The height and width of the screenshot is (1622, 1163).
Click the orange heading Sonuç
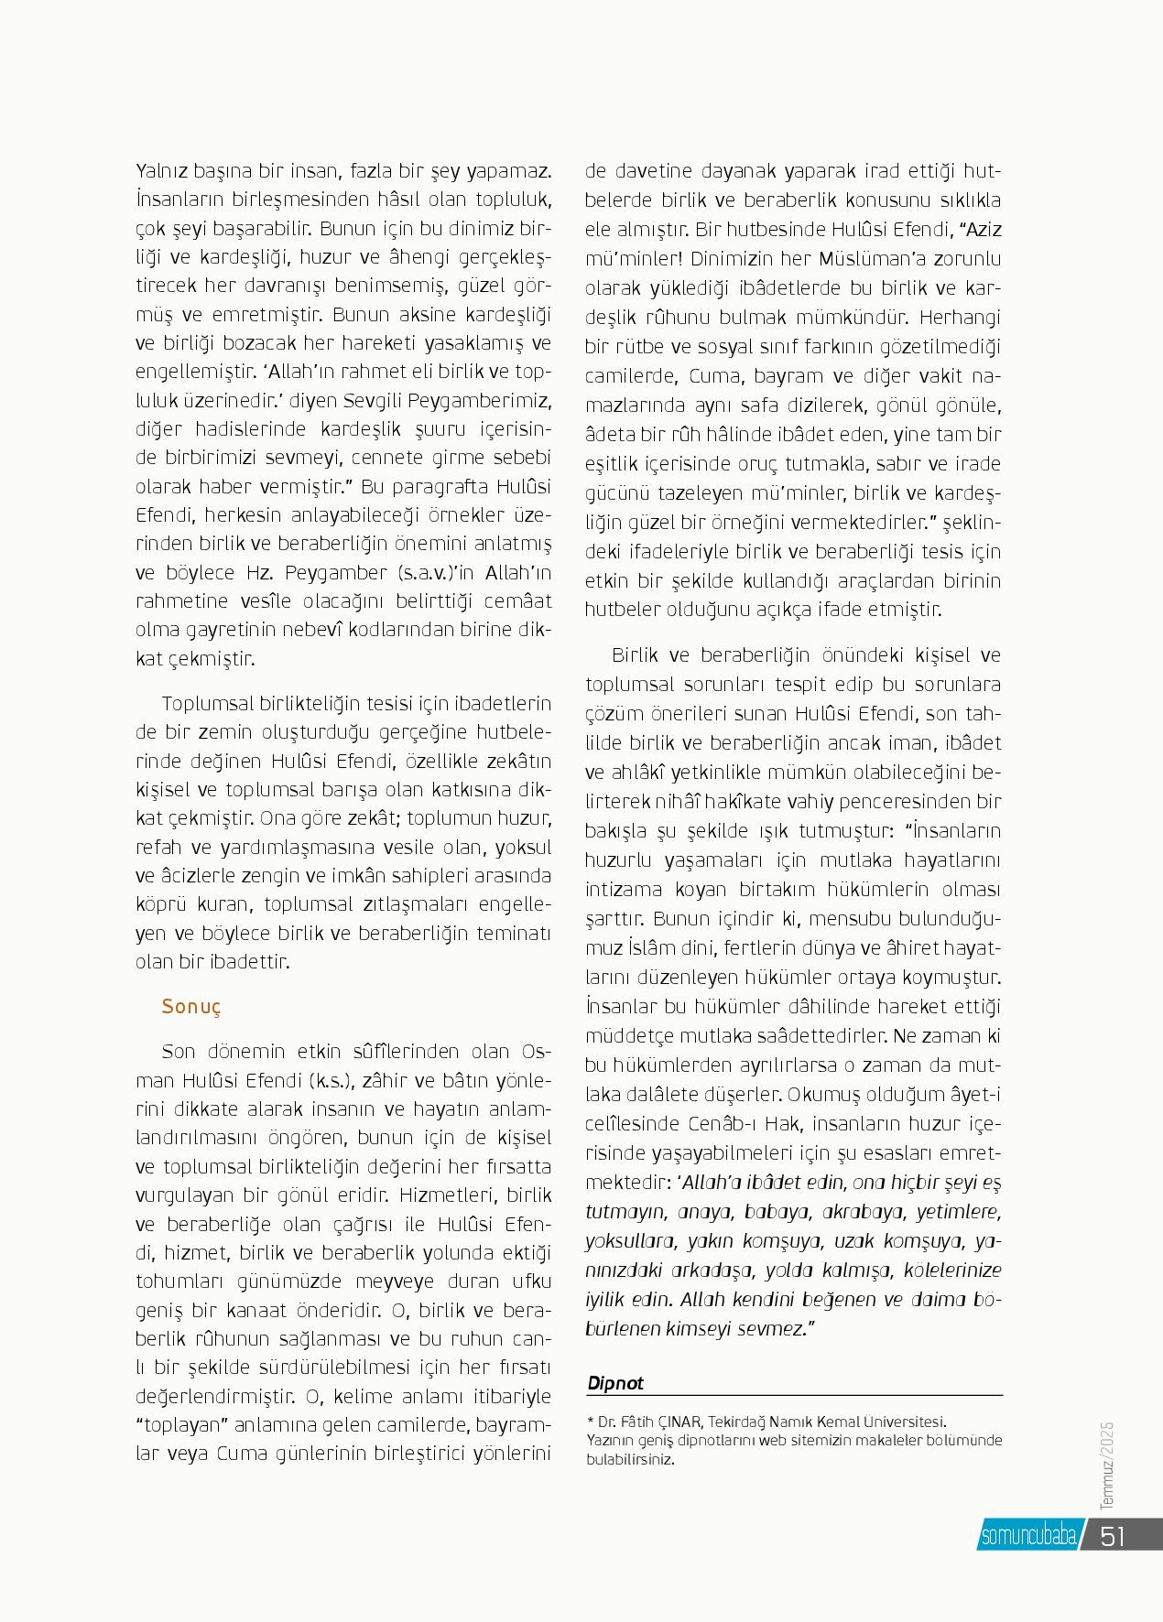(191, 1007)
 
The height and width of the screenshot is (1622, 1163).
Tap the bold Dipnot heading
(615, 1383)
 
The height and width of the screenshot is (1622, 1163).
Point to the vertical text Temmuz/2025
(1106, 1464)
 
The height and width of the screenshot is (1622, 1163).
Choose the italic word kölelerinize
(952, 1271)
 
